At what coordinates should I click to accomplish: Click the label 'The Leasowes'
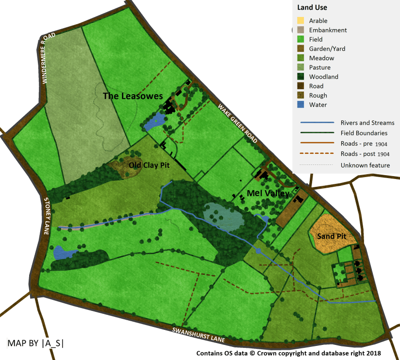tap(133, 96)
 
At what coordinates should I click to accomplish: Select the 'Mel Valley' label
tap(268, 193)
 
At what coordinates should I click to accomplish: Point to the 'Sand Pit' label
tap(332, 236)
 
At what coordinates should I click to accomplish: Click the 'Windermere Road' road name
tap(49, 58)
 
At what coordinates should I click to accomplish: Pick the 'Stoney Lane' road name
tap(47, 216)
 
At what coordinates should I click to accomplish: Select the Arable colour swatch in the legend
tap(300, 21)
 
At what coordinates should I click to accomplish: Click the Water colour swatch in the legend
tap(300, 105)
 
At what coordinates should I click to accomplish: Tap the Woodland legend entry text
tap(324, 77)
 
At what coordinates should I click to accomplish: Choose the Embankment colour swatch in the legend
tap(300, 30)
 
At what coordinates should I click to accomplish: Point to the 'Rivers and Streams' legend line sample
tap(317, 123)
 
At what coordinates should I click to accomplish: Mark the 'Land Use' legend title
tap(312, 7)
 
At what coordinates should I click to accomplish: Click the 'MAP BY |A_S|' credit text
tap(36, 343)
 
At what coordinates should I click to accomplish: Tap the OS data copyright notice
tap(288, 353)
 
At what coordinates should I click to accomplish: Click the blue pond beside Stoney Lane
tap(63, 252)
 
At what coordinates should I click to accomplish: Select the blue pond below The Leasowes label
tap(154, 121)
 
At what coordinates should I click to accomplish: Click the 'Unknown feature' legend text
tap(365, 165)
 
